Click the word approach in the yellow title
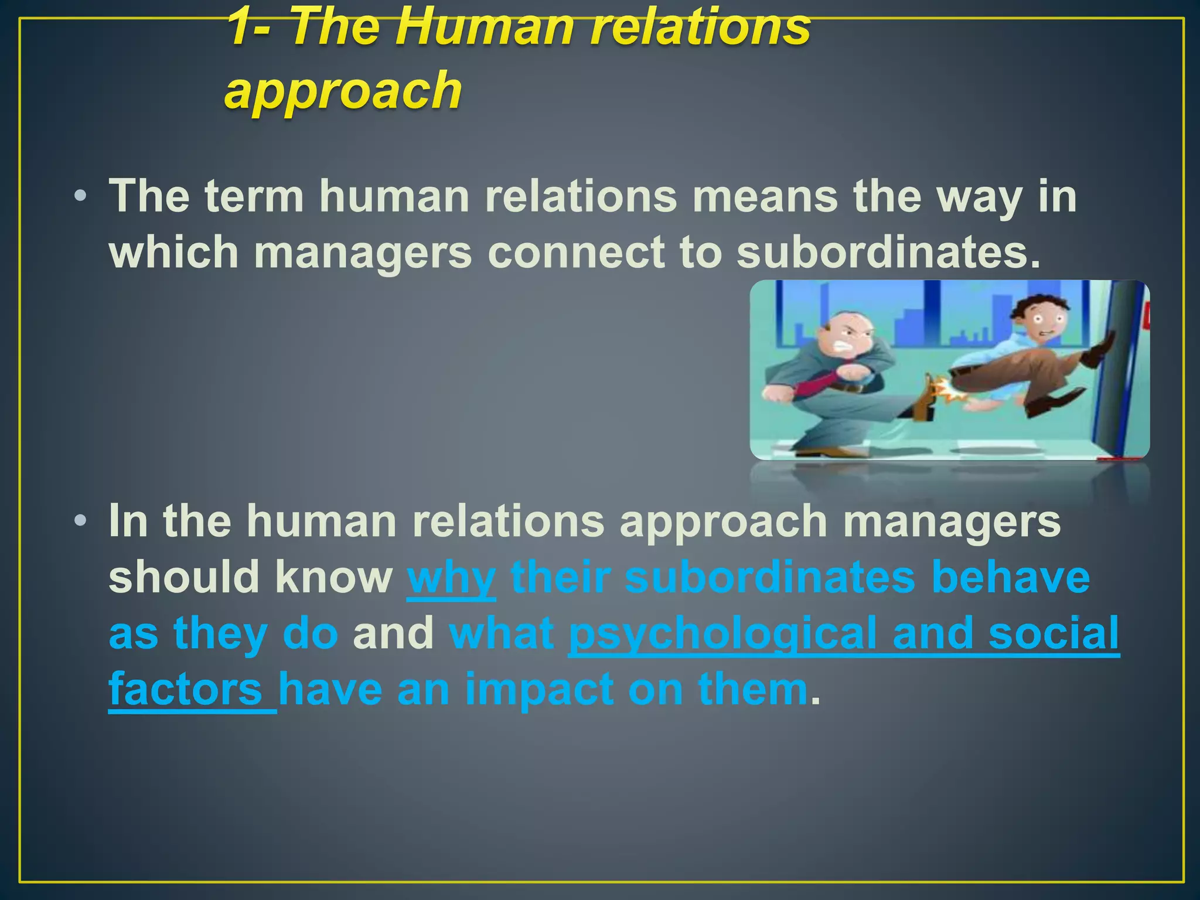pyautogui.click(x=343, y=91)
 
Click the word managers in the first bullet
pyautogui.click(x=363, y=252)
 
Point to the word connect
pyautogui.click(x=575, y=252)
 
